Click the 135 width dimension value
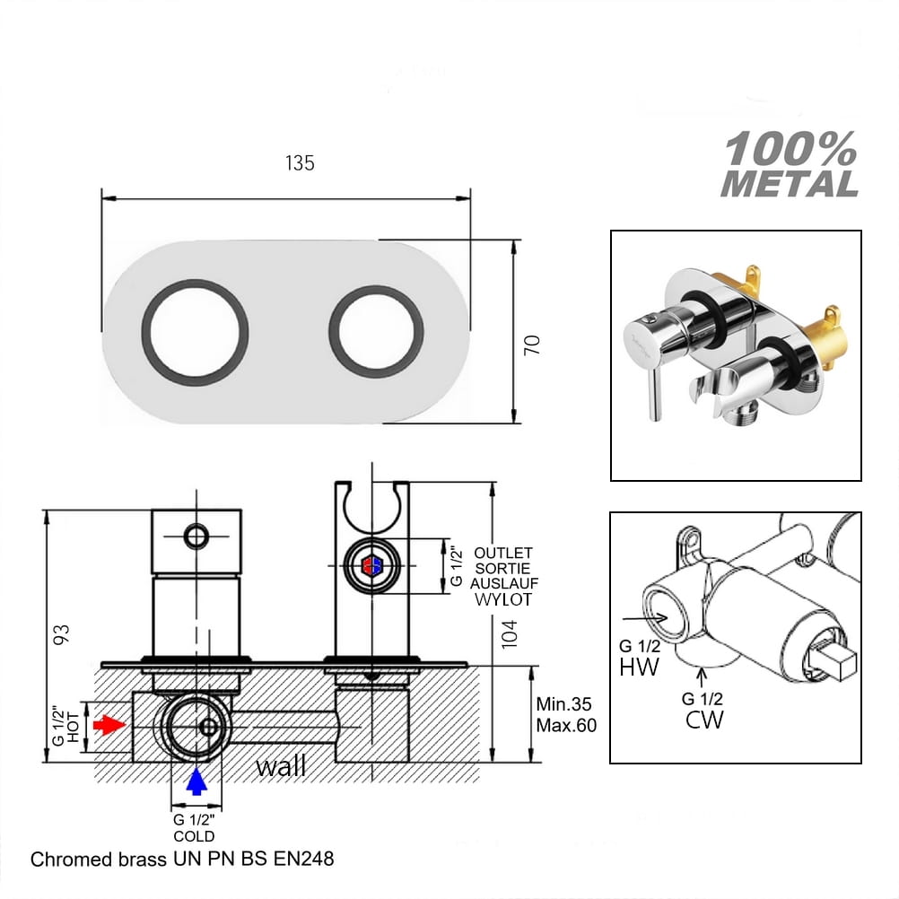point(300,163)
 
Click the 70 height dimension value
point(532,345)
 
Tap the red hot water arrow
point(109,725)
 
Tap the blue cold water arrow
point(196,781)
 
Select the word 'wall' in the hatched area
point(281,766)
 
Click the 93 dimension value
point(61,634)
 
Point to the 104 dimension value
point(509,634)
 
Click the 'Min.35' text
point(563,704)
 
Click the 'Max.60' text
point(566,725)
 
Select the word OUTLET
point(502,554)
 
